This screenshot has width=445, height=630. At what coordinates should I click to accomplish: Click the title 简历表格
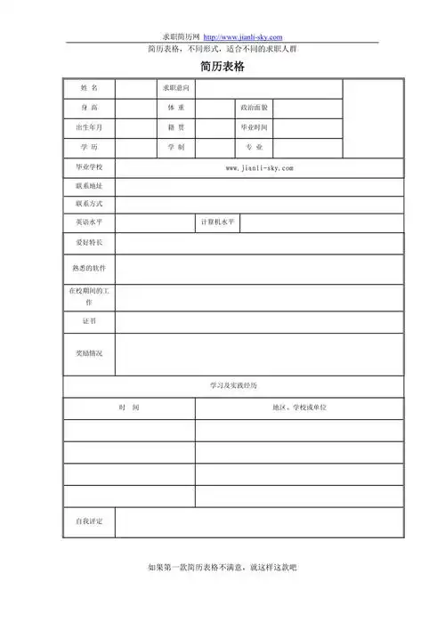(222, 68)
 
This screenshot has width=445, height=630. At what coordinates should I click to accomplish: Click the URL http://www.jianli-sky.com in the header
(243, 36)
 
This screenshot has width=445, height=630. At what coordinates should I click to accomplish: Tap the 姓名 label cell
(89, 88)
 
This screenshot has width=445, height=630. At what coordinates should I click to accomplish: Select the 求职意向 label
(175, 88)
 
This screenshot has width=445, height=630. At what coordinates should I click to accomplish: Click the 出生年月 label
(89, 127)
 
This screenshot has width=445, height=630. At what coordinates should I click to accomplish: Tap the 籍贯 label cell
(175, 127)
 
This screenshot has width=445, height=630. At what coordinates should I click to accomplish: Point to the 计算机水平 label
(217, 222)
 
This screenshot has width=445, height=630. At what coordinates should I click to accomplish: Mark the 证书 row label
(89, 321)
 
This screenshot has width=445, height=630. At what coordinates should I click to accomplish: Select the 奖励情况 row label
(89, 353)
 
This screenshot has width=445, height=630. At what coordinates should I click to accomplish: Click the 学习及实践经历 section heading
(233, 386)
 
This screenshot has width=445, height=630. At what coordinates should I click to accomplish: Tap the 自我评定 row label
(89, 521)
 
